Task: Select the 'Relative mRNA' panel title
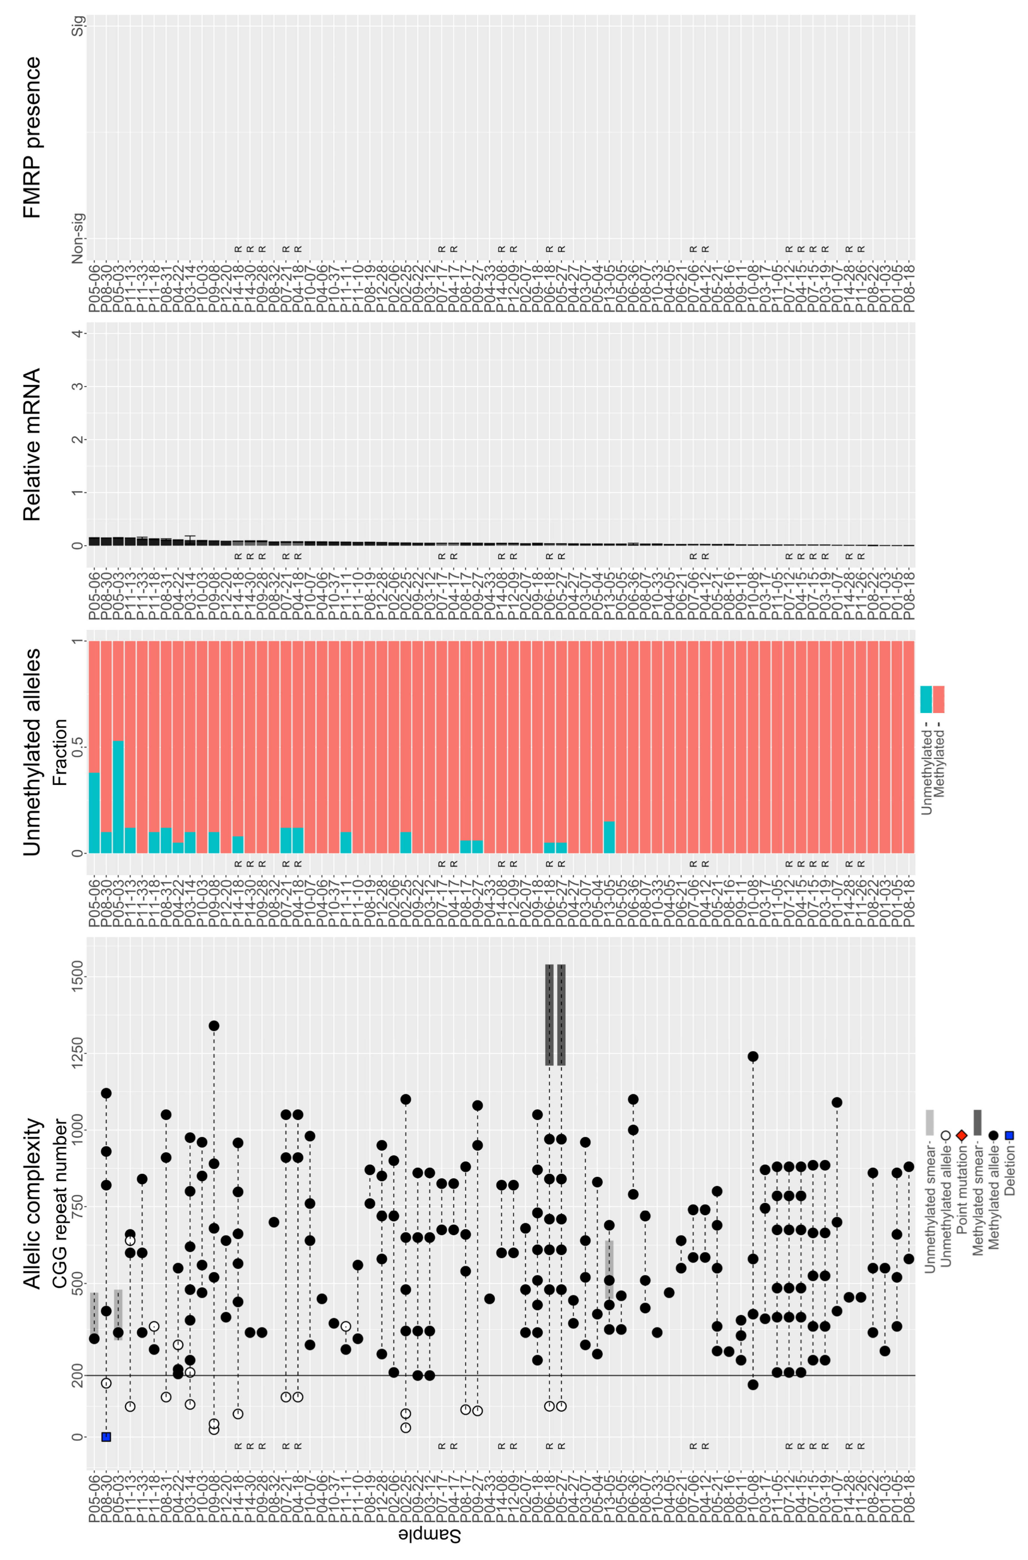31,445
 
